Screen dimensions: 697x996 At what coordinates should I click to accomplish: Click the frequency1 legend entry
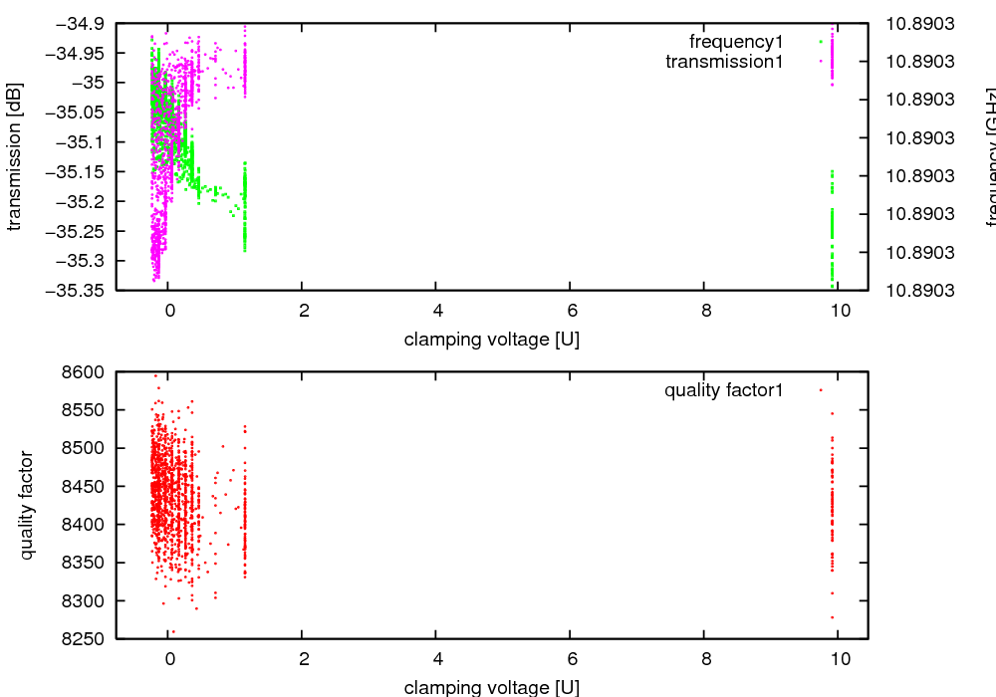point(736,42)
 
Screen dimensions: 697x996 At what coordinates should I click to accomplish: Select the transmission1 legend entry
point(724,62)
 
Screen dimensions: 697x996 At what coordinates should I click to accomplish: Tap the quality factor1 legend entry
point(723,390)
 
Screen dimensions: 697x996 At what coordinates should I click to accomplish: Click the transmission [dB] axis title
point(14,156)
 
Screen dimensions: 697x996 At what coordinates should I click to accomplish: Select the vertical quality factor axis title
point(27,505)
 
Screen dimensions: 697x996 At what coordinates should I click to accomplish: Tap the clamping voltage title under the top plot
point(492,340)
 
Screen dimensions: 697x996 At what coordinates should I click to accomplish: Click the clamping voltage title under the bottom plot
point(492,687)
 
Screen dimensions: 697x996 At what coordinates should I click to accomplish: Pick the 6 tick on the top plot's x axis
point(571,311)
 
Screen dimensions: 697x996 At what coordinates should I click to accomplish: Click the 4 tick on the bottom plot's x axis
point(437,659)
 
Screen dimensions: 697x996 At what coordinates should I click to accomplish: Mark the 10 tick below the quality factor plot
point(839,659)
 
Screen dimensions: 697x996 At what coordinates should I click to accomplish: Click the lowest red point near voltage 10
point(832,617)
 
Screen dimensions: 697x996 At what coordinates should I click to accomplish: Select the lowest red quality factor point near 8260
point(172,631)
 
